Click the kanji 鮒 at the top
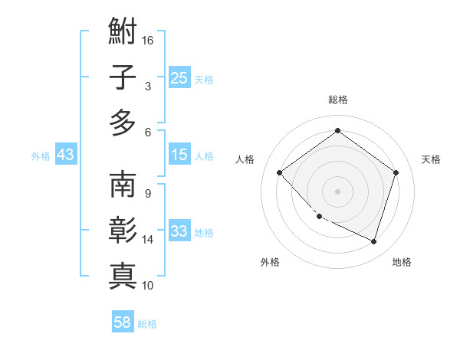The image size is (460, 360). point(123,34)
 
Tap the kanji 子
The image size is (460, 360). point(123,77)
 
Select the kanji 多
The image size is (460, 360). point(123,123)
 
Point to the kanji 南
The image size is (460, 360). point(123,186)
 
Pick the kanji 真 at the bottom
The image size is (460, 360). point(123,274)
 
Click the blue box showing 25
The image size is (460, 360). point(179,78)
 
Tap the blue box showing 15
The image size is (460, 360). point(179,155)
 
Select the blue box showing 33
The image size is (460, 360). point(179,232)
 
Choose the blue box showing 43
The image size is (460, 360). point(66,155)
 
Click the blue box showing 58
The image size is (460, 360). point(123,323)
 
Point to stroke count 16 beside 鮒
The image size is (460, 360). point(149,40)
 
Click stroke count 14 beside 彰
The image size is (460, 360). point(149,240)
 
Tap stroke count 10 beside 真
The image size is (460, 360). point(149,286)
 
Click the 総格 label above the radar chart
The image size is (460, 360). point(337,100)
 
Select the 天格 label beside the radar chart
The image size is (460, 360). point(431,159)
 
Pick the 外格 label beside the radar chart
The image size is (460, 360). point(270,262)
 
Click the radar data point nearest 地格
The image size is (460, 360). point(373,241)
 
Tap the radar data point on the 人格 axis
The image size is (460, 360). point(280,172)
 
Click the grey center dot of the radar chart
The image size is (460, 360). point(337,191)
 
